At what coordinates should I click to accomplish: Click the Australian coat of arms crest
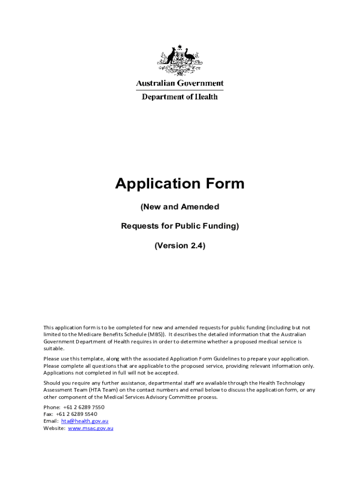[180, 61]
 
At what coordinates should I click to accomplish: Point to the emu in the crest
[190, 57]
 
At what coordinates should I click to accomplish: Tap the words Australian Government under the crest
[180, 83]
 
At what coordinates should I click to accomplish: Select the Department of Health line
[180, 97]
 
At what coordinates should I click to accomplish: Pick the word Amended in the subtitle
[201, 207]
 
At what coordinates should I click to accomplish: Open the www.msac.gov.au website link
[91, 428]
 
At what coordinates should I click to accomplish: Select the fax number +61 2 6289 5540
[77, 414]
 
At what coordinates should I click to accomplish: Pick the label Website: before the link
[54, 428]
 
